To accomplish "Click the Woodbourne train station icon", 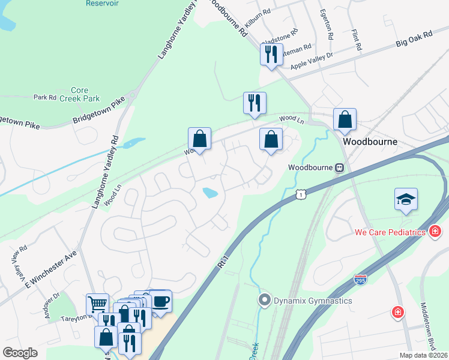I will (339, 167).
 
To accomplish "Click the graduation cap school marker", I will (406, 200).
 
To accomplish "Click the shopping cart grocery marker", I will (97, 304).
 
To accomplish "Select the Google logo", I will (20, 353).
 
